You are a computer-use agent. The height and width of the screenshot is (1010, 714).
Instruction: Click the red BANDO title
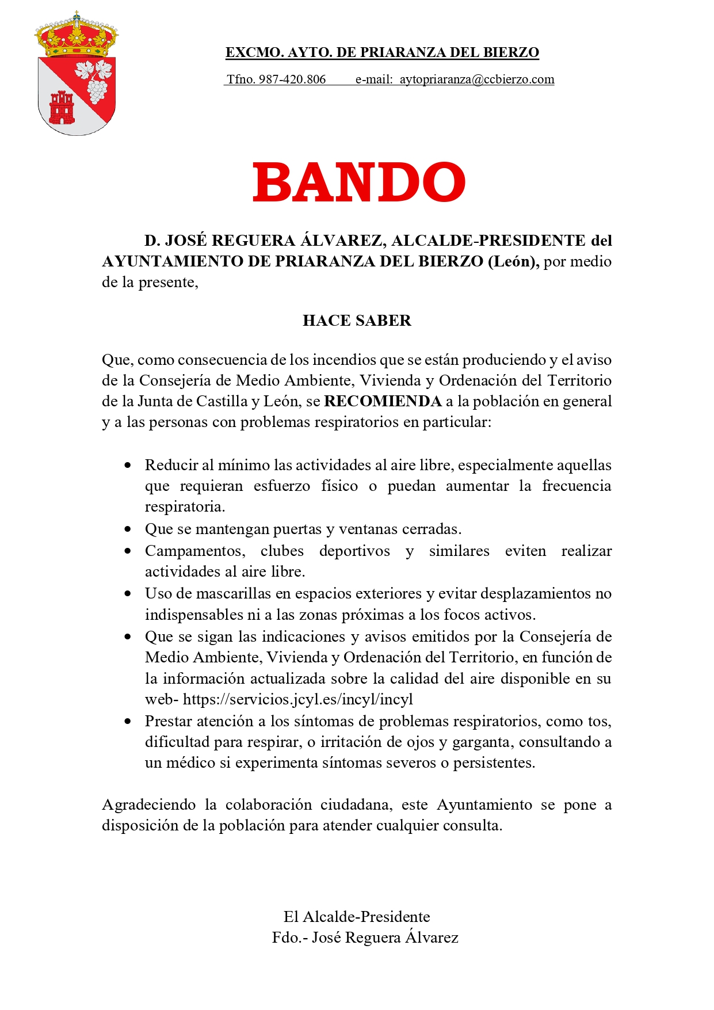tap(358, 182)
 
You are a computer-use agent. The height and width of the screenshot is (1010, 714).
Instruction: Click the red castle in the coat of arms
tap(62, 108)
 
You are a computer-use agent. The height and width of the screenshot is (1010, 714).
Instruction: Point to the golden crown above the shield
tap(77, 36)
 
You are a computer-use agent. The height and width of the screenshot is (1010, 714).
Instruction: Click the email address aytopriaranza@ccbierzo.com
tap(477, 79)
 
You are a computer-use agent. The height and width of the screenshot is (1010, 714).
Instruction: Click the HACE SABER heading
tap(357, 321)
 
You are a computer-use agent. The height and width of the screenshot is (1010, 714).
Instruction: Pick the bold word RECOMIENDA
tap(383, 401)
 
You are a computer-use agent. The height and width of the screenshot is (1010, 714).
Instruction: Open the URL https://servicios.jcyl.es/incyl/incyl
tap(298, 699)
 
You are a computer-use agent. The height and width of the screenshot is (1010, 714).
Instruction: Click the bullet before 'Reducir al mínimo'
tap(128, 465)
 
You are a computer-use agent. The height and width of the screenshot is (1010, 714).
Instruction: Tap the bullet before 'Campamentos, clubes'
tap(128, 551)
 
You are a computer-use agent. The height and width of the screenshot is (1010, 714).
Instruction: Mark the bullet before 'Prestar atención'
tap(128, 721)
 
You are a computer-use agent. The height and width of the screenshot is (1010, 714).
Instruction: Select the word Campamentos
tap(194, 551)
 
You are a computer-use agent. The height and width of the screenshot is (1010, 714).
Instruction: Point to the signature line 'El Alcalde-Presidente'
tap(357, 917)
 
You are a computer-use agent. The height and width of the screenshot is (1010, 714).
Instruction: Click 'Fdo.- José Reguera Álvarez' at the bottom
tap(365, 937)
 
